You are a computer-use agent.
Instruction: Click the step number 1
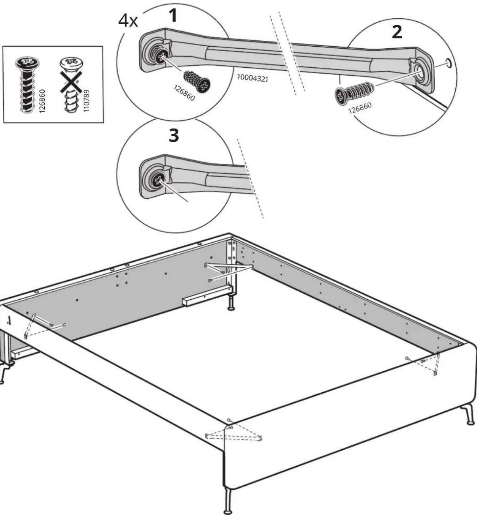click(173, 15)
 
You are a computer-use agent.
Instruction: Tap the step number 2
click(397, 32)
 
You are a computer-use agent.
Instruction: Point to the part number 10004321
click(252, 78)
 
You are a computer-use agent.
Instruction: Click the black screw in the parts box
click(27, 85)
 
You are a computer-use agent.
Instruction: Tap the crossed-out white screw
click(71, 86)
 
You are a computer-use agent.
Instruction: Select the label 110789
click(87, 101)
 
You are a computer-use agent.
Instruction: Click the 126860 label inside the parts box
click(42, 101)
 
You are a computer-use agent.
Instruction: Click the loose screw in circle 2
click(354, 92)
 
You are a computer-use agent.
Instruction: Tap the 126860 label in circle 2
click(360, 108)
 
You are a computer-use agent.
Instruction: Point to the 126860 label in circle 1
click(184, 93)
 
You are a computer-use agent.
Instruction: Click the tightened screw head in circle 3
click(157, 179)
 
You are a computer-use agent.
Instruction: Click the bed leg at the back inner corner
click(231, 302)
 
